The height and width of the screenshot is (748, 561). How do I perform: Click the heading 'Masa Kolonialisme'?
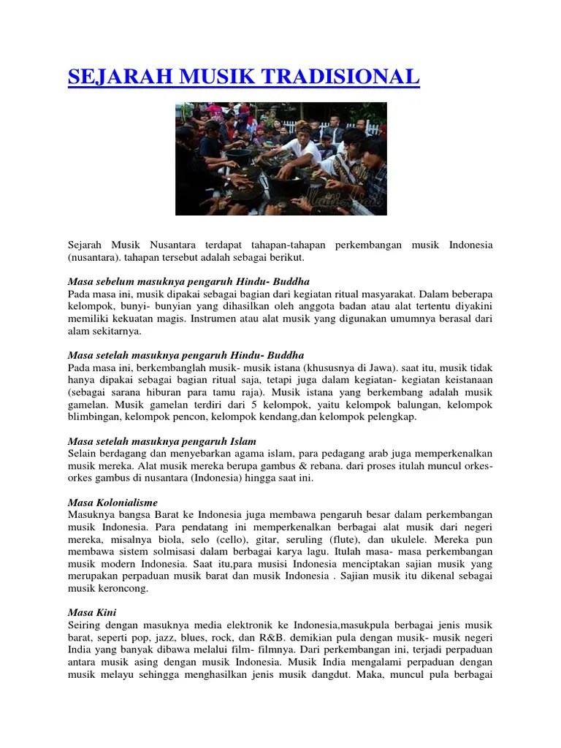(112, 503)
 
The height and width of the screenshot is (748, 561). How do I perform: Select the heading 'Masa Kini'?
(92, 612)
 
